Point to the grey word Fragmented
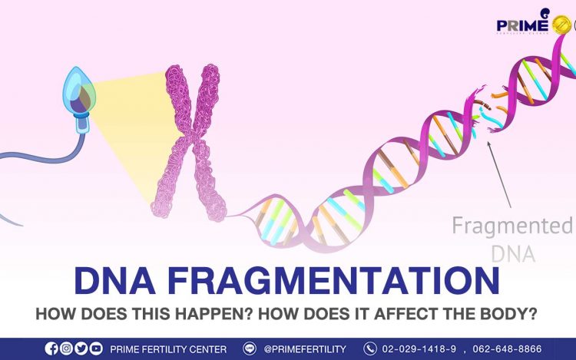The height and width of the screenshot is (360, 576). [x=511, y=226]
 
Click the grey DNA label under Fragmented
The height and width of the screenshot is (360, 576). [x=513, y=253]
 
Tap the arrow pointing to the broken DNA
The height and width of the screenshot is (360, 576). [x=499, y=175]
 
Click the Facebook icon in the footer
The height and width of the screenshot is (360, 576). [x=51, y=348]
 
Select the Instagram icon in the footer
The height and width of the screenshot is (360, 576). [x=67, y=348]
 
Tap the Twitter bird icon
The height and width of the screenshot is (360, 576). [x=81, y=348]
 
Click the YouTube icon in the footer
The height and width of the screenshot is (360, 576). [x=96, y=348]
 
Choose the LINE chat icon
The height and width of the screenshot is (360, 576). [x=250, y=348]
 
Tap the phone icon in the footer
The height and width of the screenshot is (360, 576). [x=370, y=348]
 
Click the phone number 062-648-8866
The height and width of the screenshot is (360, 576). [x=507, y=348]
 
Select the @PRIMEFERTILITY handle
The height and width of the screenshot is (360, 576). [x=305, y=349]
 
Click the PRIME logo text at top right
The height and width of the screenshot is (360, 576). [x=522, y=25]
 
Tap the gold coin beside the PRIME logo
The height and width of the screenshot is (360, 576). [x=561, y=25]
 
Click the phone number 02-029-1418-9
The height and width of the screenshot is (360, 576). [x=419, y=348]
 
